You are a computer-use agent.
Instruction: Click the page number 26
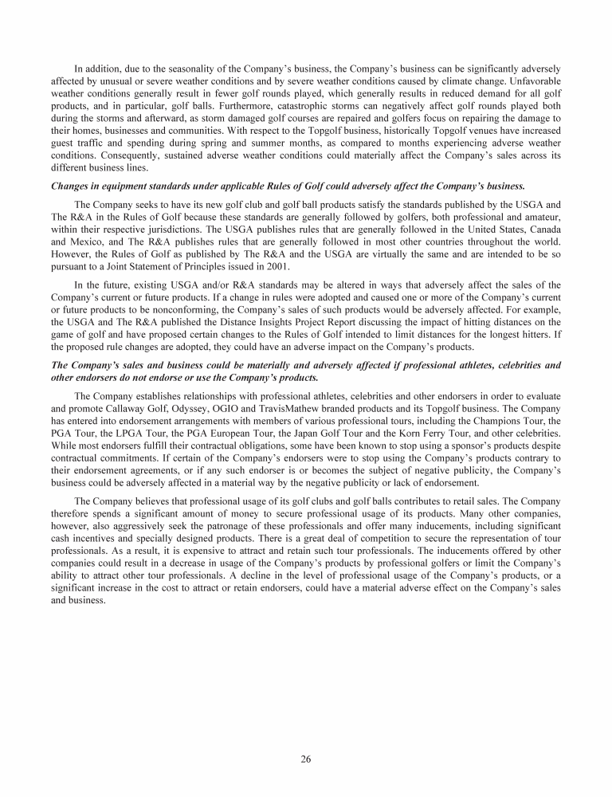click(x=306, y=759)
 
